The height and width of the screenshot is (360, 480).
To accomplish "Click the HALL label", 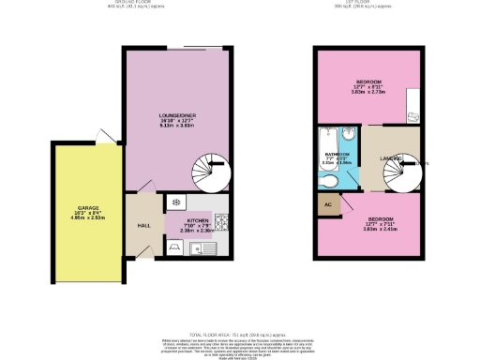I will tap(143, 226).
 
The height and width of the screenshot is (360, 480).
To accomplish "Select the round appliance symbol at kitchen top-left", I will tap(175, 202).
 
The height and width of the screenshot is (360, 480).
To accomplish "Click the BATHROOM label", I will tap(337, 154).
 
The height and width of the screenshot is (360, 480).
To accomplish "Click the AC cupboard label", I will tap(328, 203).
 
